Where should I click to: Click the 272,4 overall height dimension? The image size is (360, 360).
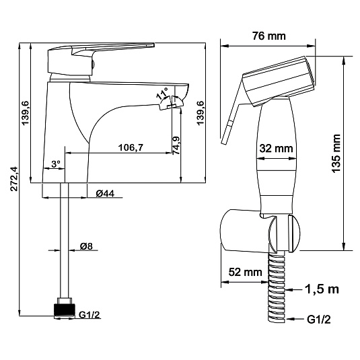[14, 179]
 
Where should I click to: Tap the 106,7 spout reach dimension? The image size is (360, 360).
[131, 147]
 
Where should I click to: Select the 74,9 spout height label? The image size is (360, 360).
[176, 145]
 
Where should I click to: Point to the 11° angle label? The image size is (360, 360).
[162, 94]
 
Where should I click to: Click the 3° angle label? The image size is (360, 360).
[56, 164]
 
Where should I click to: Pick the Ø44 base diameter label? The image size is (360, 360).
[105, 194]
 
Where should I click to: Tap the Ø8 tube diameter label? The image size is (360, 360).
[86, 246]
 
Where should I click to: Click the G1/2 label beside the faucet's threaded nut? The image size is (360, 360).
[89, 314]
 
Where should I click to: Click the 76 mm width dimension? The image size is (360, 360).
[269, 36]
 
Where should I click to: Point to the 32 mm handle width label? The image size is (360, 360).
[276, 148]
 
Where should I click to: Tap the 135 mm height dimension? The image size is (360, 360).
[336, 153]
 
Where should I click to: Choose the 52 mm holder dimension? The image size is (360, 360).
[245, 272]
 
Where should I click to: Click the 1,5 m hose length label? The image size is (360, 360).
[322, 289]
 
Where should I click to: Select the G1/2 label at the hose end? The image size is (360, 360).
[319, 320]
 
